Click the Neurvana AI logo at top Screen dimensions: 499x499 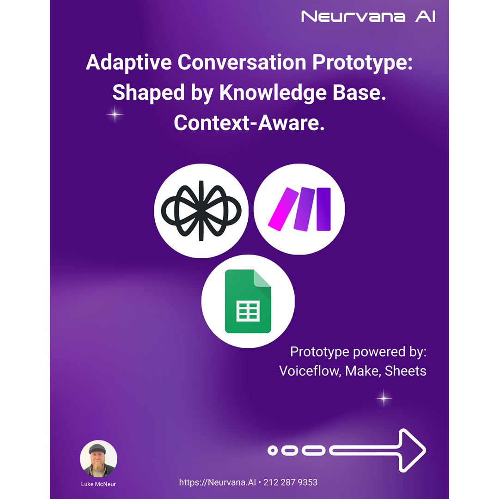pos(368,17)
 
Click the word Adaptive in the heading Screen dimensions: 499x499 pos(128,62)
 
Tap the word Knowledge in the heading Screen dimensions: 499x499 pos(273,92)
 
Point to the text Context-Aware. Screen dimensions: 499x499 pos(249,123)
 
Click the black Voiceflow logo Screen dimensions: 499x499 pos(201,211)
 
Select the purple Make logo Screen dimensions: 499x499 pos(299,209)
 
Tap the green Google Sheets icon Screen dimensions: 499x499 pos(248,301)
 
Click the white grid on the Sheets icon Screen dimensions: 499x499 pos(248,311)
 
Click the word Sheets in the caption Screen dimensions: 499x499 pos(406,371)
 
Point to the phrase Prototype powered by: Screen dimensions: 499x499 pos(359,352)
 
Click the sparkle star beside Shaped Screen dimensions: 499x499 pos(115,114)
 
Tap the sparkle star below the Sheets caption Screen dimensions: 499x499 pos(384,398)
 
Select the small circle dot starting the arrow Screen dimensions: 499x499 pos(273,450)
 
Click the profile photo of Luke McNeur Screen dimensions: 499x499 pos(99,459)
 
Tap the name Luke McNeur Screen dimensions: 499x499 pos(98,484)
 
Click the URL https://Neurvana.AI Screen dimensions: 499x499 pos(217,482)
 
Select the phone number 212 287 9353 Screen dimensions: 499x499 pos(290,482)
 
